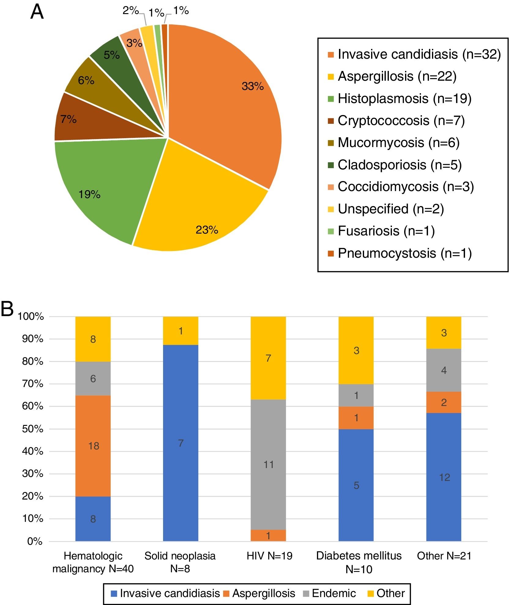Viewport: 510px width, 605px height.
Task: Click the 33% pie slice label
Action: pyautogui.click(x=252, y=86)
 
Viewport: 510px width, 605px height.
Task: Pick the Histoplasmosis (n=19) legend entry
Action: pyautogui.click(x=404, y=99)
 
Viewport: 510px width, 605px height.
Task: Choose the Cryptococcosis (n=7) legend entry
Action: pyautogui.click(x=401, y=121)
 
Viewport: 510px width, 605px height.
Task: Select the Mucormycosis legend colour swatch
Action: pyautogui.click(x=331, y=143)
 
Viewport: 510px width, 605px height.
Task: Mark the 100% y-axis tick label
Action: pyautogui.click(x=31, y=316)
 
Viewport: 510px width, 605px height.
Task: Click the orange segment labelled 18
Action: pyautogui.click(x=93, y=446)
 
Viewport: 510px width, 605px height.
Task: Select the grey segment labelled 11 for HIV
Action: pyautogui.click(x=268, y=465)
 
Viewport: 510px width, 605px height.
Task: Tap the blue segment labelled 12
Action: pyautogui.click(x=444, y=477)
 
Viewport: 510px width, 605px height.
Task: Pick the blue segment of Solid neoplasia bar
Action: pyautogui.click(x=181, y=443)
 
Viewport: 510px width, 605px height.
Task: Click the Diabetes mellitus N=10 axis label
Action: pyautogui.click(x=359, y=562)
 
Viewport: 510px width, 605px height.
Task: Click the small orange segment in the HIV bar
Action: pyautogui.click(x=268, y=536)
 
